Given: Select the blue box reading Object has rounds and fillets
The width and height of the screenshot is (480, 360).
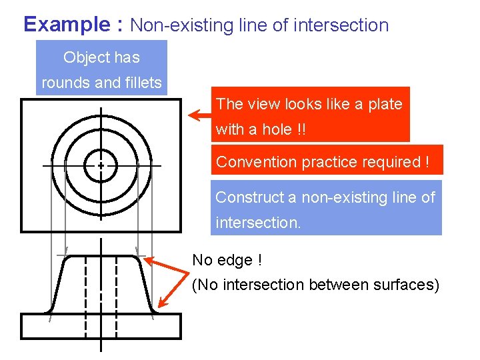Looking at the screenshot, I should point(101,69).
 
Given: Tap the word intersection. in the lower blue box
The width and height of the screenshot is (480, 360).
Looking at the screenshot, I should point(258,222).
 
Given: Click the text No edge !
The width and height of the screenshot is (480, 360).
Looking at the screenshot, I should point(222,260).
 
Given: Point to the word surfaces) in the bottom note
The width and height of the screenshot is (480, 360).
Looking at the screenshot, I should point(409,285).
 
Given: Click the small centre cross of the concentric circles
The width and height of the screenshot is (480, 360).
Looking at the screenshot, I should point(101,165).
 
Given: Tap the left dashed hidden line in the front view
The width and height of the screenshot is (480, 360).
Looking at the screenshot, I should point(85,293).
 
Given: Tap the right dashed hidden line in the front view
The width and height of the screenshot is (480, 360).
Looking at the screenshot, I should point(117,293).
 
